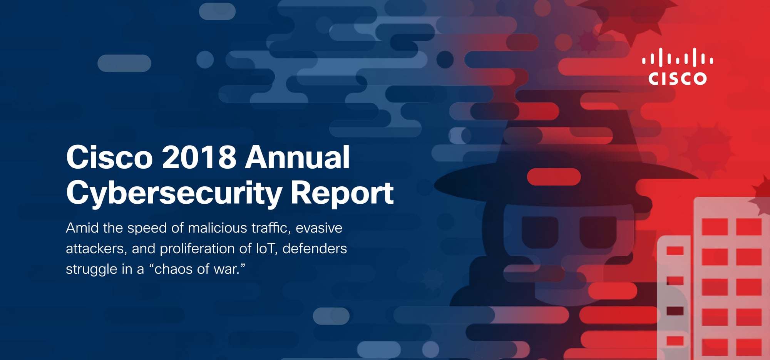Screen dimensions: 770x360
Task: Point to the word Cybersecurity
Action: coord(174,193)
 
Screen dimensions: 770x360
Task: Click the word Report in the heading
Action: coord(342,193)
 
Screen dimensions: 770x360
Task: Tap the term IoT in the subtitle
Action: coord(267,249)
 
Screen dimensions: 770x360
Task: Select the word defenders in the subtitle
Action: coord(315,249)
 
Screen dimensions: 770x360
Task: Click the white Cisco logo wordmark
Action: coord(677,78)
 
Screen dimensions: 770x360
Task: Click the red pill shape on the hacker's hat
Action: coord(554,177)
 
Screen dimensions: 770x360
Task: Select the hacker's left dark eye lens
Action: coord(540,232)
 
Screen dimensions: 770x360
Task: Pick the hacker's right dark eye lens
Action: coord(598,232)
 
